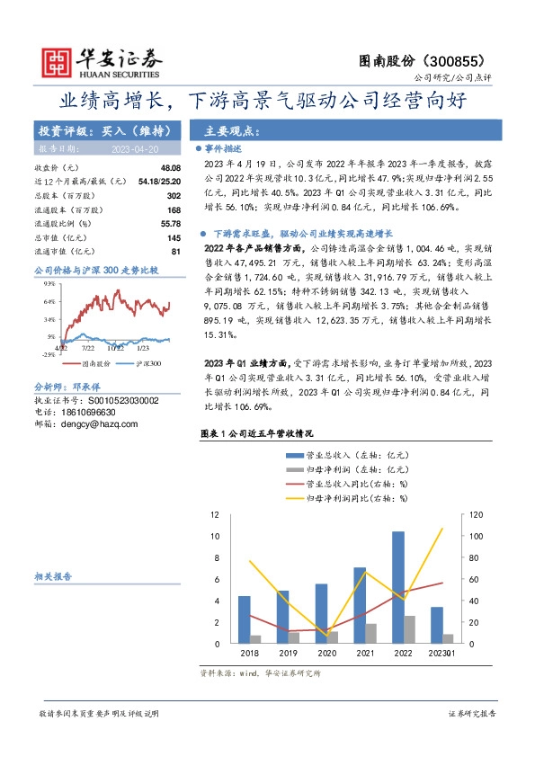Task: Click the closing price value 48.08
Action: pos(170,168)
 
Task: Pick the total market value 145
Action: pos(174,236)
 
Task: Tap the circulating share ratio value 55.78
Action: pos(170,223)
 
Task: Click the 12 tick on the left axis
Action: pos(215,515)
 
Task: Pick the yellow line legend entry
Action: pos(351,496)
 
